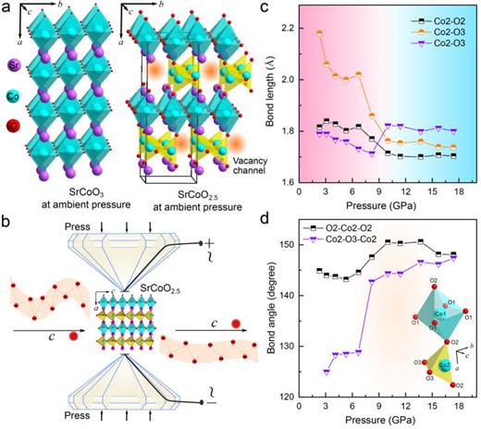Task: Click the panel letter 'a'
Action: pyautogui.click(x=6, y=8)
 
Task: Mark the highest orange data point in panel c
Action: pyautogui.click(x=319, y=33)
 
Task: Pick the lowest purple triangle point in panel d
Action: pyautogui.click(x=326, y=372)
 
